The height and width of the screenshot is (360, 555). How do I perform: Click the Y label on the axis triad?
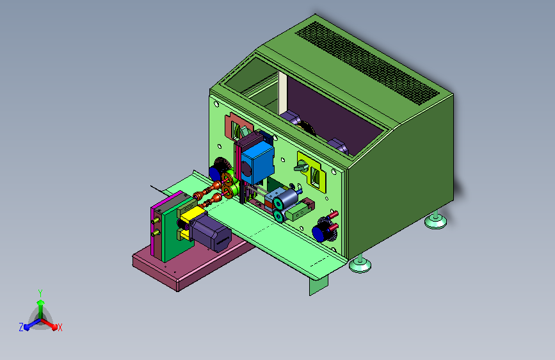40,293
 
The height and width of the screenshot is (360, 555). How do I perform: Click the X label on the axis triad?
60,328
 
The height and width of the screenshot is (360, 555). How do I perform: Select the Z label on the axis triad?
21,327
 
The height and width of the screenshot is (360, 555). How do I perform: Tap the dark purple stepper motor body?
211,233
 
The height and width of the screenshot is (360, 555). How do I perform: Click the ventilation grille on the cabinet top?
367,62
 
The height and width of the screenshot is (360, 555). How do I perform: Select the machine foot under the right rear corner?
435,220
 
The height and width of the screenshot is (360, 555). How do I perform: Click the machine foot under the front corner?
360,264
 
